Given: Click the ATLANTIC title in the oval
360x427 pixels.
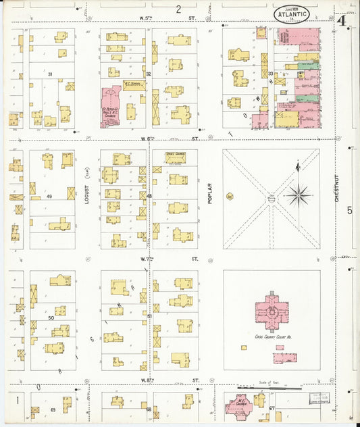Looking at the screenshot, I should pyautogui.click(x=292, y=13).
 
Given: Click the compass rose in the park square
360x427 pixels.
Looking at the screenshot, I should pyautogui.click(x=298, y=195).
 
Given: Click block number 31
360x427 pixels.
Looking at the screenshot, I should pyautogui.click(x=50, y=74).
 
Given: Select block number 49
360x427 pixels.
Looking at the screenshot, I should pyautogui.click(x=49, y=197).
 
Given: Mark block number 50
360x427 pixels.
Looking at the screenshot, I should pyautogui.click(x=50, y=317).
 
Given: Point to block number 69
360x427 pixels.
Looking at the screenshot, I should pyautogui.click(x=52, y=410).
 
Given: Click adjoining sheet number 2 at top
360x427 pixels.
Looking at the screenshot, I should pyautogui.click(x=179, y=9).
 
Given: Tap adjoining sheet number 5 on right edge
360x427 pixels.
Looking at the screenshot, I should pyautogui.click(x=350, y=210).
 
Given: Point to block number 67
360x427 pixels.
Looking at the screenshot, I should pyautogui.click(x=272, y=409).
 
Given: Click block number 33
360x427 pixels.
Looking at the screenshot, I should pyautogui.click(x=270, y=73).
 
